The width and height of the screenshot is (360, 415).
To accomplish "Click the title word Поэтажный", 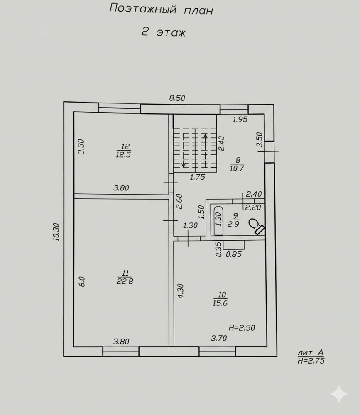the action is coord(143,9).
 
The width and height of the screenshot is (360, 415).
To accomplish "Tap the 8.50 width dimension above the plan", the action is coord(177,98).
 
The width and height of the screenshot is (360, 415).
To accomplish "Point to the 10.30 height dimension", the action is coord(56,232).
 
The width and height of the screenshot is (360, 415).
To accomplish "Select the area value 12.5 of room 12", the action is coord(123,154).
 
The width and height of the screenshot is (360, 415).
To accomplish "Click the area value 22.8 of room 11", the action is coord(125,281).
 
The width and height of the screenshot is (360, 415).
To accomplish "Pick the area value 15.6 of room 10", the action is coord(220,303).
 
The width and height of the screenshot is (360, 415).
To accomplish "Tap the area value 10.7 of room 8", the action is coord(237,168).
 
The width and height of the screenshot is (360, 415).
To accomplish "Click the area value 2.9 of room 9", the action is coord(233,224).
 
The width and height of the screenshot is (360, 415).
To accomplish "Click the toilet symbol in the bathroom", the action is coord(257,226).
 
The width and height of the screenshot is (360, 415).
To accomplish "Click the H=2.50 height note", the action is coord(242,328).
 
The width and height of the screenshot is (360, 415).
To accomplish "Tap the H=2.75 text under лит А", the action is coord(311,361).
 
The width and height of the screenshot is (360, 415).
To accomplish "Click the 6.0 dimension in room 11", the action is coord(82,282).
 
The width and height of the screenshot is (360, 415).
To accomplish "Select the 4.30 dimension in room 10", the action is coord(181,291).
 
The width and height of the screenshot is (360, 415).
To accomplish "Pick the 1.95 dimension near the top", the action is coord(240,120).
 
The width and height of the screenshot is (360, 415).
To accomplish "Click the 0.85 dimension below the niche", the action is coord(234,254).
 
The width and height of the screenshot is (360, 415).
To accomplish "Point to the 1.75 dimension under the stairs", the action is coord(197,177).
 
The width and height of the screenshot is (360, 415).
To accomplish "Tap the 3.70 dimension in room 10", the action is coord(219,338).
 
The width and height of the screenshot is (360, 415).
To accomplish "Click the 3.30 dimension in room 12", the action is coord(81,146).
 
